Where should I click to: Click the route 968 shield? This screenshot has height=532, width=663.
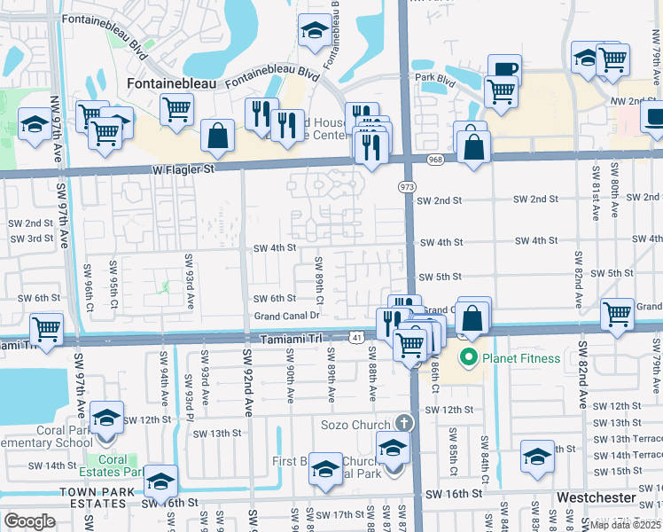pyautogui.click(x=434, y=160)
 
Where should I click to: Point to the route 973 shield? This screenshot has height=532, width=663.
pyautogui.click(x=408, y=188)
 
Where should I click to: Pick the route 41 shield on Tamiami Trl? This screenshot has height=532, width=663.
pyautogui.click(x=355, y=338)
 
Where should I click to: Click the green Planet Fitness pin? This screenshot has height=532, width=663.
pyautogui.click(x=467, y=358)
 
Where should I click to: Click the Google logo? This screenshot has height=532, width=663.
pyautogui.click(x=29, y=520)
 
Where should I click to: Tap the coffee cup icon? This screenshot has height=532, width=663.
pyautogui.click(x=504, y=68)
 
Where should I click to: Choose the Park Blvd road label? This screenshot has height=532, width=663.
pyautogui.click(x=435, y=77)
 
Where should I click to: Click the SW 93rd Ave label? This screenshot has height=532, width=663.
pyautogui.click(x=188, y=281)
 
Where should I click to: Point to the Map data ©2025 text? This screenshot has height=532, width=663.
pyautogui.click(x=625, y=524)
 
